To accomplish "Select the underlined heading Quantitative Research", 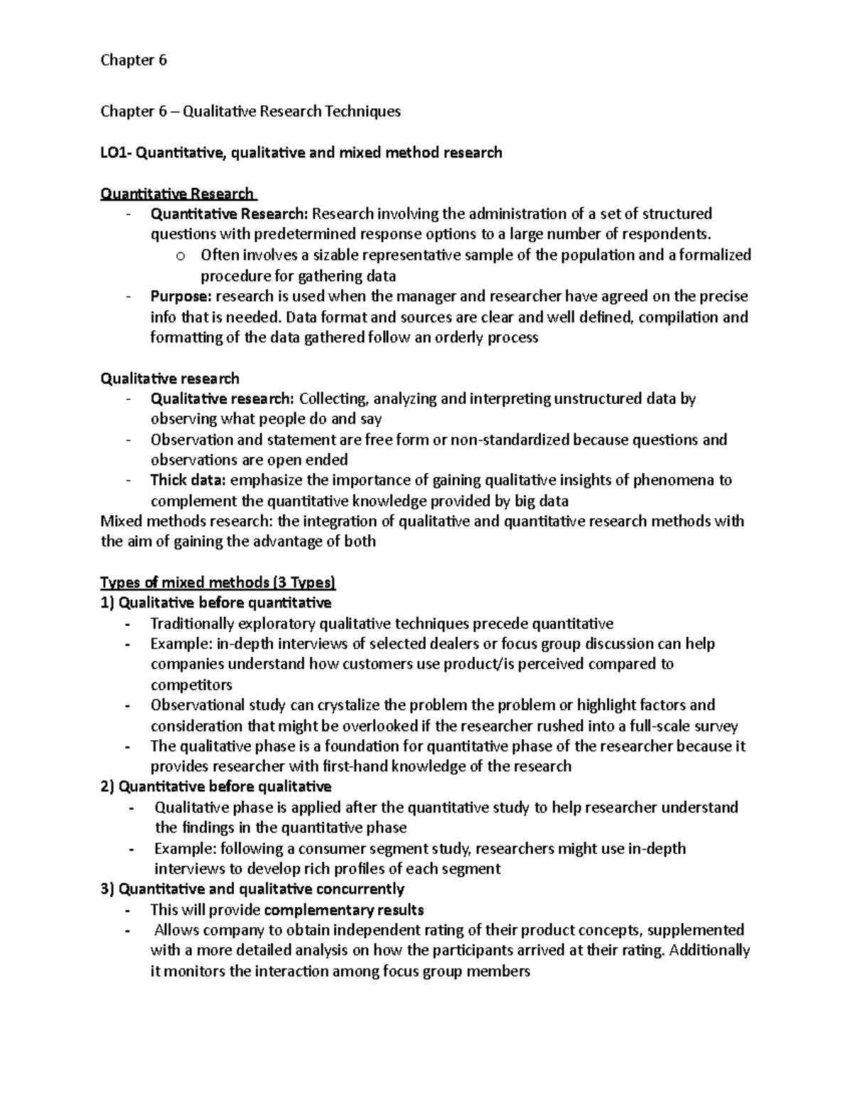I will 177,194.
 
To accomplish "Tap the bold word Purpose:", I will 181,296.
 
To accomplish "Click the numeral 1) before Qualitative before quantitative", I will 107,603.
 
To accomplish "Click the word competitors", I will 191,685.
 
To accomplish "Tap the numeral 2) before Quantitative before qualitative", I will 107,787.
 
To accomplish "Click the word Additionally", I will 709,951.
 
